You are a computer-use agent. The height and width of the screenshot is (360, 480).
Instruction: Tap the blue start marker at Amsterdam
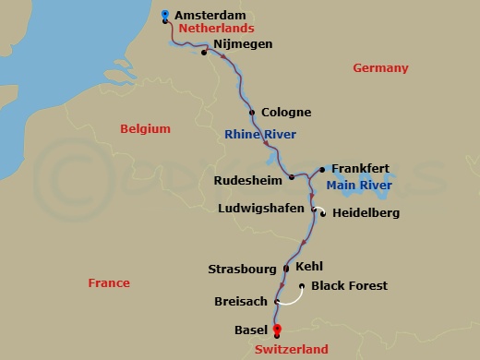coord(165,15)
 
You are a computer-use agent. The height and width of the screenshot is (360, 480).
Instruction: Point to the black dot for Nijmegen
coord(204,53)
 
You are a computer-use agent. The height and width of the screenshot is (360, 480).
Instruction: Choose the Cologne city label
coord(286,113)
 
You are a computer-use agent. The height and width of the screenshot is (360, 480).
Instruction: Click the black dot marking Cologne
coord(252,113)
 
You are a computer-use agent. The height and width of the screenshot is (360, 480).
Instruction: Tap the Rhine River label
coord(260,136)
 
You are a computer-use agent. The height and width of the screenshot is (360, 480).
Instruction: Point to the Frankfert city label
coord(361,169)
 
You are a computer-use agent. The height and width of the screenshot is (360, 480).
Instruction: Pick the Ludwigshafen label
coord(260,209)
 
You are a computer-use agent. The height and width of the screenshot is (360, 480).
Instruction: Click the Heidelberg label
coord(366,213)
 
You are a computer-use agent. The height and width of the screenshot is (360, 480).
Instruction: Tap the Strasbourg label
coord(242,270)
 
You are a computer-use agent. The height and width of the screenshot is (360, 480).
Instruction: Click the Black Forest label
coord(349,286)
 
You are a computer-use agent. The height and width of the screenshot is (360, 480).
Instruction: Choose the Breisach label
coord(243,302)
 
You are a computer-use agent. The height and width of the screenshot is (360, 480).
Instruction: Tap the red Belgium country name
coord(146,129)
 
